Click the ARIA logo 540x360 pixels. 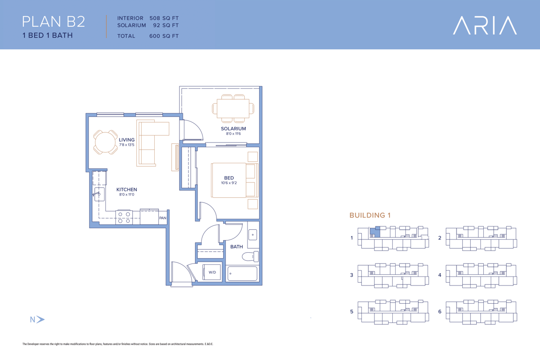(x=485, y=25)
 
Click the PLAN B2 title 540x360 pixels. (x=53, y=22)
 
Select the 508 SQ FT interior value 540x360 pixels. (x=164, y=18)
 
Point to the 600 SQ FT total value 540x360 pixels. (x=164, y=36)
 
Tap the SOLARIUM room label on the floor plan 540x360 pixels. (x=233, y=128)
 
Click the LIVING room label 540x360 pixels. (x=127, y=140)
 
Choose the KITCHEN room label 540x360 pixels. (x=127, y=189)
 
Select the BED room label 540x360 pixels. (x=229, y=178)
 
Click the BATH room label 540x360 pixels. (x=237, y=247)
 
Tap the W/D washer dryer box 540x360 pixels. (x=211, y=272)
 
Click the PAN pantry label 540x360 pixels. (x=163, y=218)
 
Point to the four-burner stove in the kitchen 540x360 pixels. (x=124, y=217)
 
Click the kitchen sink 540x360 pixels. (x=99, y=194)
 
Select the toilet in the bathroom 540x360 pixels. (x=250, y=256)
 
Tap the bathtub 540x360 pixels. (x=242, y=274)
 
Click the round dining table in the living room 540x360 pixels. (x=105, y=142)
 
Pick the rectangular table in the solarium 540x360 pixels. (x=233, y=109)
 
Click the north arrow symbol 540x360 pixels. (x=41, y=319)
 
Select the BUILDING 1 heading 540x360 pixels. (x=370, y=215)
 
